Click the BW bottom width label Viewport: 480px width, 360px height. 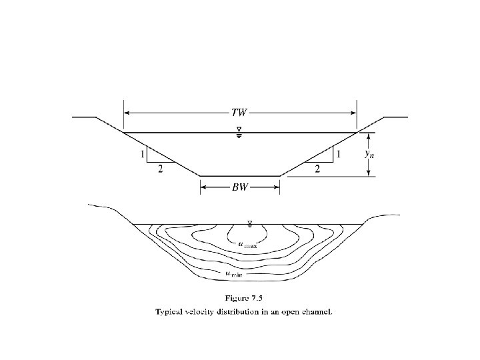pos(239,188)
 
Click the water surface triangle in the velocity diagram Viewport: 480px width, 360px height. pos(250,223)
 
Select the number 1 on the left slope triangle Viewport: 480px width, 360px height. pos(141,155)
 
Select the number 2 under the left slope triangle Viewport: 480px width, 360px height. pos(159,169)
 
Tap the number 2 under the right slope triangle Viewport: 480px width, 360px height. pos(317,169)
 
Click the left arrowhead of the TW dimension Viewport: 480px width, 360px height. pos(127,112)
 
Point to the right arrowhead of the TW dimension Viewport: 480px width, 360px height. pos(353,112)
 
